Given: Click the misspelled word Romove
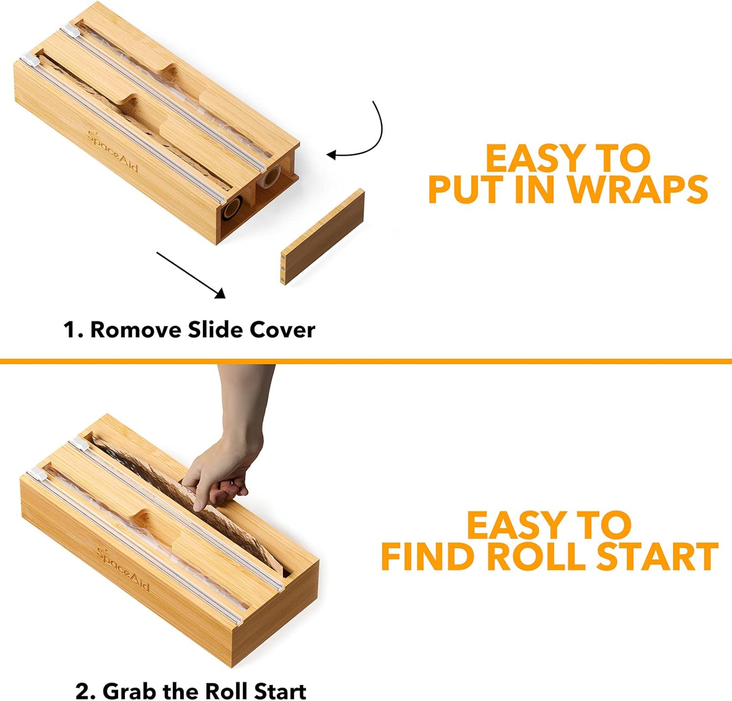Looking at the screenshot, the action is tap(136, 330).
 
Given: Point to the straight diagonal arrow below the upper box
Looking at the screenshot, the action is tap(191, 275).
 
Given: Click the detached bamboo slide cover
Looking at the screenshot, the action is tap(323, 237).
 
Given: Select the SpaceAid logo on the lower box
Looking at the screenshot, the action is tap(122, 568).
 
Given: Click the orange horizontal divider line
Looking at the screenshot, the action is tap(366, 361).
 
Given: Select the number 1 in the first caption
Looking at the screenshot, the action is tap(70, 330).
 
